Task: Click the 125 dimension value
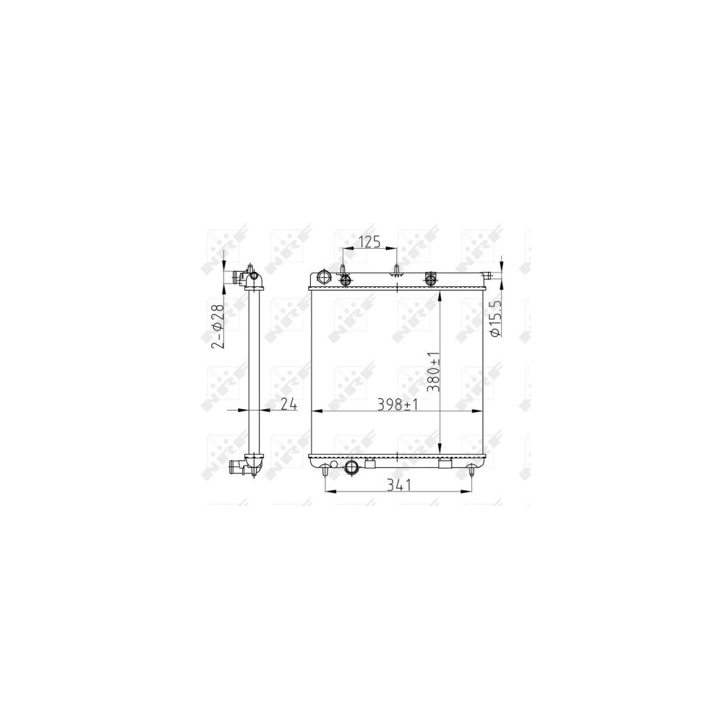[370, 241]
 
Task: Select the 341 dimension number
[400, 484]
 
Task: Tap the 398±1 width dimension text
[398, 404]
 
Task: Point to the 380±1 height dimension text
[433, 372]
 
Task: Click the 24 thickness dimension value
[288, 404]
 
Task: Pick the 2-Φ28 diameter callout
[217, 326]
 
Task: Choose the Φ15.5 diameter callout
[495, 320]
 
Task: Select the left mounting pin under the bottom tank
[325, 471]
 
